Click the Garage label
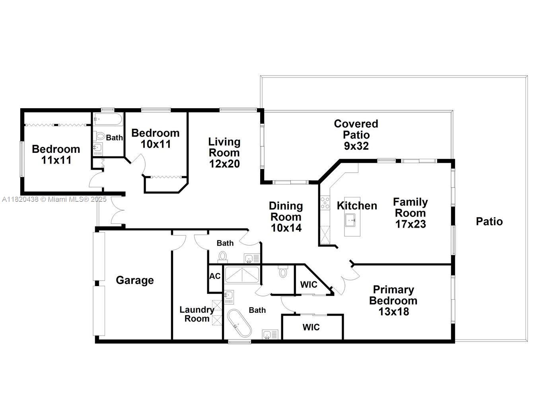pyautogui.click(x=134, y=280)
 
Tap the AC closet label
pyautogui.click(x=215, y=276)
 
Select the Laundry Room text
pyautogui.click(x=197, y=314)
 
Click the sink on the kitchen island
pyautogui.click(x=350, y=219)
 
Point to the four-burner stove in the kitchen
pyautogui.click(x=325, y=203)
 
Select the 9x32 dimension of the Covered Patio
pyautogui.click(x=356, y=146)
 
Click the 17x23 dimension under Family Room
pyautogui.click(x=410, y=224)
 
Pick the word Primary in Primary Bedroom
pyautogui.click(x=393, y=290)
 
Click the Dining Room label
pyautogui.click(x=286, y=211)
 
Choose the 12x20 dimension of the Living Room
pyautogui.click(x=224, y=164)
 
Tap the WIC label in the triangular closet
pyautogui.click(x=308, y=285)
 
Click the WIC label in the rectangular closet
pyautogui.click(x=311, y=327)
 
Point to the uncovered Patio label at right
pyautogui.click(x=489, y=221)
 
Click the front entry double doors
pyautogui.click(x=118, y=211)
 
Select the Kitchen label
pyautogui.click(x=357, y=206)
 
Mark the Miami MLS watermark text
pyautogui.click(x=54, y=199)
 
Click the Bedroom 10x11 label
pyautogui.click(x=155, y=138)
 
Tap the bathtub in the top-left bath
pyautogui.click(x=108, y=119)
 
